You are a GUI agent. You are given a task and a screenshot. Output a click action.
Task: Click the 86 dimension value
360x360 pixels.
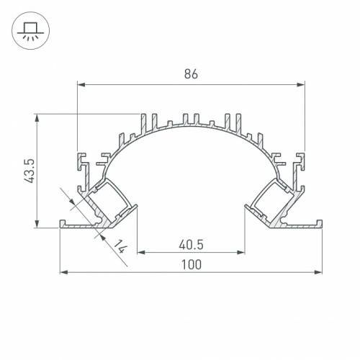[x=190, y=74]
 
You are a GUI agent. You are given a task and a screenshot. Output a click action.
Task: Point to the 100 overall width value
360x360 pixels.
[x=190, y=264]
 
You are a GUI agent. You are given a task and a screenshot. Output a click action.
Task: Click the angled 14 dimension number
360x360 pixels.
[x=122, y=248]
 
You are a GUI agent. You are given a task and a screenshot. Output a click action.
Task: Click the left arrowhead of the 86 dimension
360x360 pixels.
[x=80, y=85]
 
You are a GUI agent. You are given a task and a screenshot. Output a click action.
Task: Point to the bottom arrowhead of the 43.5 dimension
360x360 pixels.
[x=37, y=224]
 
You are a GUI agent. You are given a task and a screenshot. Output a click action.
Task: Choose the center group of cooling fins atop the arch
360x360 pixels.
[x=191, y=120]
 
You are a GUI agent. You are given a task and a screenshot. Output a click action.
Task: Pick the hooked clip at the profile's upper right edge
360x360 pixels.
[x=299, y=160]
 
